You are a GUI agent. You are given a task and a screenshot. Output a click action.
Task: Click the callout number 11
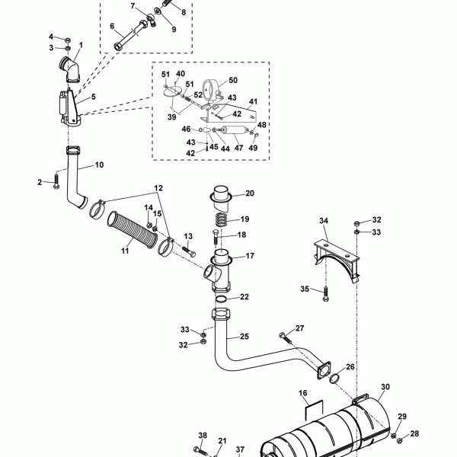[125, 251]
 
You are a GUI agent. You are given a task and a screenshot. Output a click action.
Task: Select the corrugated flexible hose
[133, 230]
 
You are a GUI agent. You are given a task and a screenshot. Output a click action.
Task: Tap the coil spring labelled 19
[225, 220]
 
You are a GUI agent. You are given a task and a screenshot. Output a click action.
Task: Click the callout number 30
[385, 387]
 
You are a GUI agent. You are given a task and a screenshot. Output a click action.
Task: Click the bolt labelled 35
[325, 294]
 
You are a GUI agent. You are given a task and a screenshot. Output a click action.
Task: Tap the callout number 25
[244, 337]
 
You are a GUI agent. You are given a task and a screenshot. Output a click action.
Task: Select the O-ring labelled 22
[222, 299]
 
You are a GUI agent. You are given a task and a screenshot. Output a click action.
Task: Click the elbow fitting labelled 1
[69, 71]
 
